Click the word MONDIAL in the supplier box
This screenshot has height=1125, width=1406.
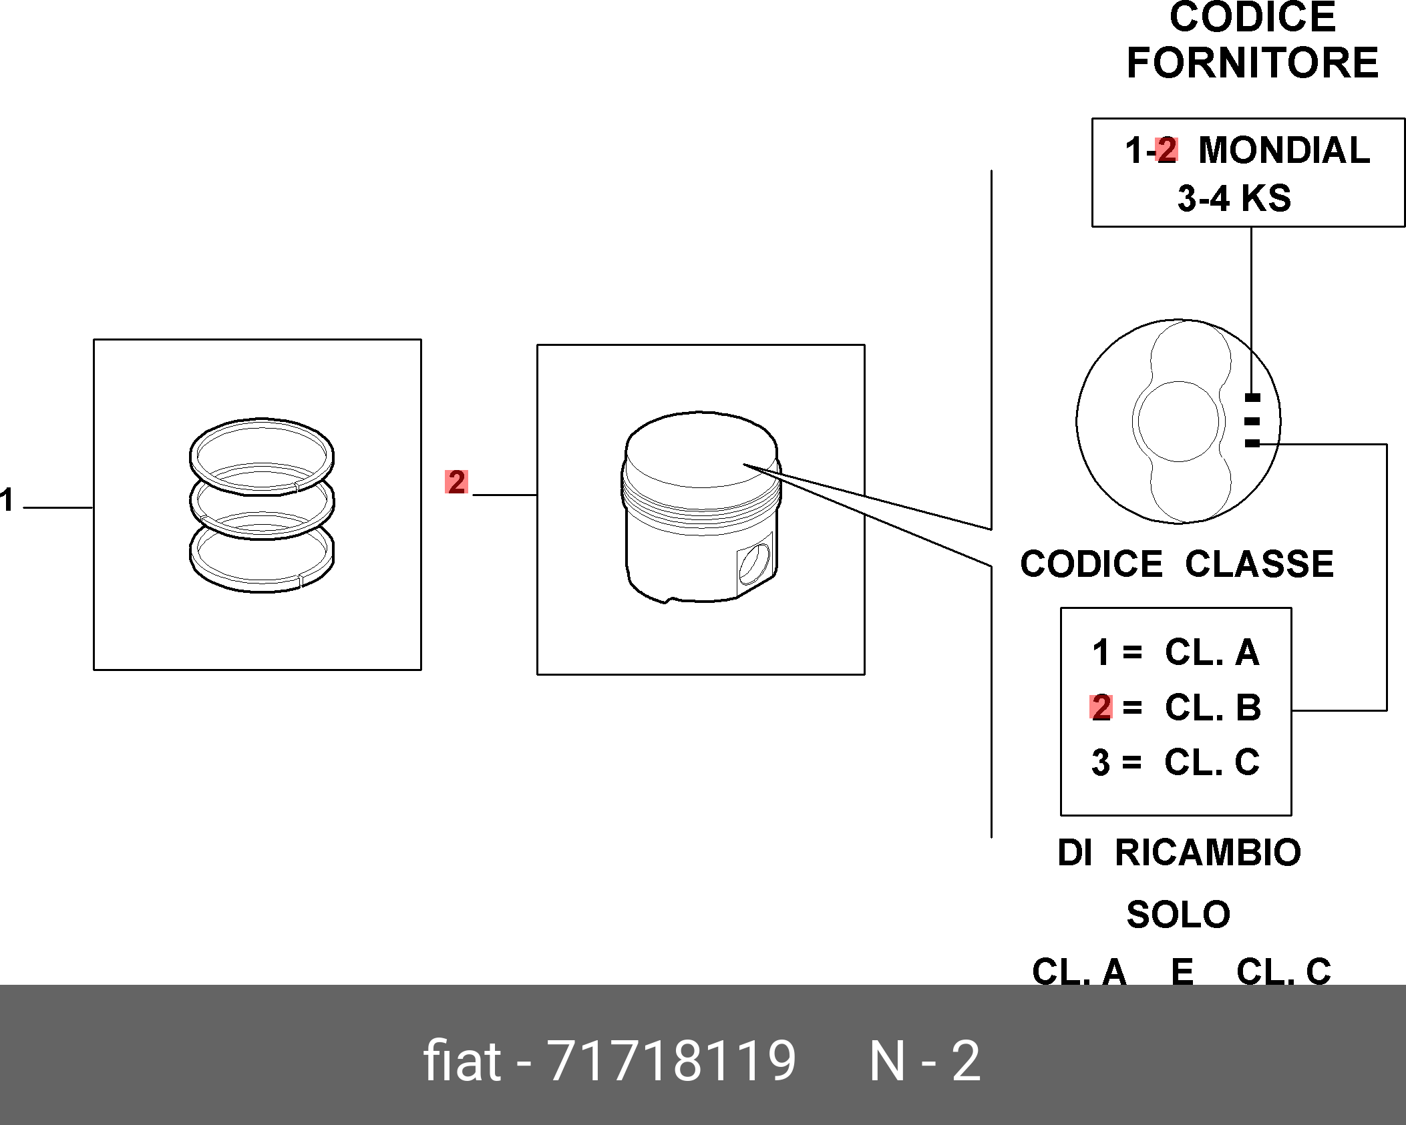point(1284,150)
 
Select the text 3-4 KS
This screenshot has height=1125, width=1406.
point(1234,198)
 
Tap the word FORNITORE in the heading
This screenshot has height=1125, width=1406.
point(1252,63)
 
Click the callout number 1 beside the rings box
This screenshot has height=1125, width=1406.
point(7,499)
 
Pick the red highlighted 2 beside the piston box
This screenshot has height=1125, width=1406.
point(456,482)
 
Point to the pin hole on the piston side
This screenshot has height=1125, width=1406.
point(755,563)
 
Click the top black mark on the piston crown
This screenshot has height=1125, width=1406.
point(1252,398)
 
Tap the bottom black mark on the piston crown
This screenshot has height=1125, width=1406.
point(1252,443)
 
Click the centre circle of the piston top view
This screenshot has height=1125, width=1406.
point(1178,421)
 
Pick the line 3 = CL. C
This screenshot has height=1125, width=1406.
point(1176,762)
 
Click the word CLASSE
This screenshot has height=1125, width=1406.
point(1259,564)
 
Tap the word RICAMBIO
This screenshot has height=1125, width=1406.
point(1208,853)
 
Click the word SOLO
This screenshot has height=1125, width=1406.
point(1178,915)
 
